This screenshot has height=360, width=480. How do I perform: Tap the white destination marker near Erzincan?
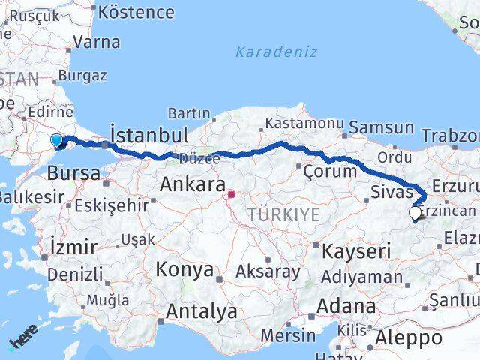click(x=415, y=213)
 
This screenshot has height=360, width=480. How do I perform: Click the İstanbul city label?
click(x=148, y=135)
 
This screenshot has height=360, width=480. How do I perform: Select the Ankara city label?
click(x=193, y=184)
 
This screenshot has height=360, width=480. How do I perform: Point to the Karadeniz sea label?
click(x=276, y=52)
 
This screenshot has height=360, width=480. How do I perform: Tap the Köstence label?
click(x=136, y=13)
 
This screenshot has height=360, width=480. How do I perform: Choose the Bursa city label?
click(x=73, y=173)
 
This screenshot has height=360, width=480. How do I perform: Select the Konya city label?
click(x=184, y=270)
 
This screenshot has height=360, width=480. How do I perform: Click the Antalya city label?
click(x=202, y=311)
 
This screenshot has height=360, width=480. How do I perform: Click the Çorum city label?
click(x=330, y=171)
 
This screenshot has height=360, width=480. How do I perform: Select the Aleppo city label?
click(x=409, y=338)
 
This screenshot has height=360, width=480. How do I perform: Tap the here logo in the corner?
click(x=22, y=341)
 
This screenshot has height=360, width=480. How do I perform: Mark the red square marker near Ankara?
click(x=232, y=195)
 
